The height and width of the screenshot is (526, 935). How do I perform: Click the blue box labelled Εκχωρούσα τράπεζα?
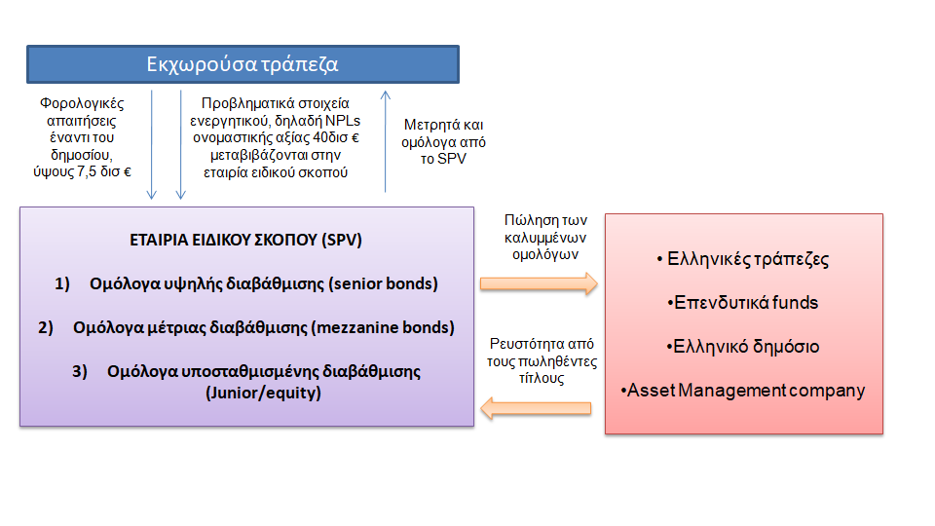243,64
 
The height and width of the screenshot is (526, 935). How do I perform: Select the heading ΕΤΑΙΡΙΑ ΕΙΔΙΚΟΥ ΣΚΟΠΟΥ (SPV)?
245,240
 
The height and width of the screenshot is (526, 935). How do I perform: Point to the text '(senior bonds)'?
383,283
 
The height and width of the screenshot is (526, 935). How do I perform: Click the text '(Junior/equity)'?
263,393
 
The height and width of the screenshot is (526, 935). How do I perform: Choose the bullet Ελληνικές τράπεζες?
743,259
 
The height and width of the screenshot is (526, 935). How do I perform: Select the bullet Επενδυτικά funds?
743,302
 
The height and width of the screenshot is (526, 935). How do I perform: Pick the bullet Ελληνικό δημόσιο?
743,347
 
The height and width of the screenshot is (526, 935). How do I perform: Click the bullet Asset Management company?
743,391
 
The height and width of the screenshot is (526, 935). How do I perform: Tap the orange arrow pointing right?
539,283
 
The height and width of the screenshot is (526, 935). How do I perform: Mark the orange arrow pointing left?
536,408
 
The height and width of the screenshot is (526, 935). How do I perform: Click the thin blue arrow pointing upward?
386,141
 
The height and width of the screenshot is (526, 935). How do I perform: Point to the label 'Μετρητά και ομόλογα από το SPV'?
443,142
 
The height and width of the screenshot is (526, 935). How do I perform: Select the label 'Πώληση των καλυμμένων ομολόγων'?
545,238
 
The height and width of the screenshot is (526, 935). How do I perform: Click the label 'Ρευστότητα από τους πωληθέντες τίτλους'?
542,360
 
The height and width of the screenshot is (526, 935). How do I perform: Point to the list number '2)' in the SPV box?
46,327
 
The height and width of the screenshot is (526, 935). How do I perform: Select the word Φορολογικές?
82,103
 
